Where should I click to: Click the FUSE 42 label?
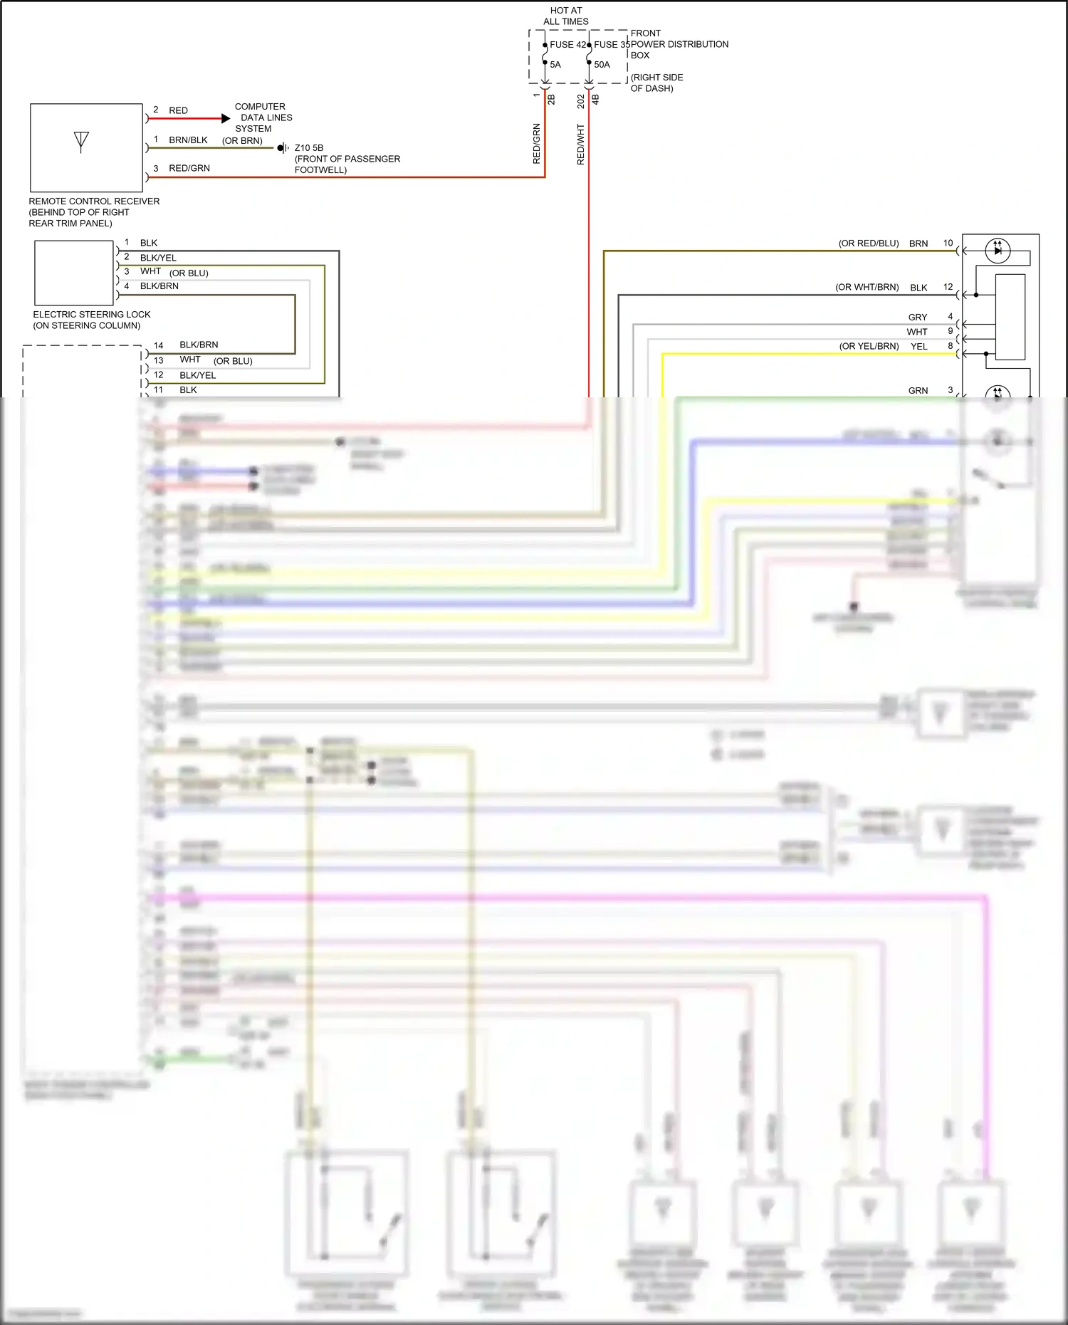click(x=567, y=44)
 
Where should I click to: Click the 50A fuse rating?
click(x=602, y=65)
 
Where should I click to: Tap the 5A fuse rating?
click(x=555, y=65)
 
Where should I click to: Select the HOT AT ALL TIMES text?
click(x=566, y=16)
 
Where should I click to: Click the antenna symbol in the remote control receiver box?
click(x=81, y=141)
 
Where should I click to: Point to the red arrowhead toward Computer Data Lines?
click(x=226, y=118)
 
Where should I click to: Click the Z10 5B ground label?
click(x=309, y=148)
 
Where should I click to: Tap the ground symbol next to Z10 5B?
click(x=283, y=148)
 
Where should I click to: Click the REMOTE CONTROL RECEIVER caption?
click(x=94, y=201)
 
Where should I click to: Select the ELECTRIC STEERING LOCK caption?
click(x=92, y=314)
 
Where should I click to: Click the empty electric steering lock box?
click(x=74, y=272)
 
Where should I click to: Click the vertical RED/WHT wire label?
click(x=580, y=145)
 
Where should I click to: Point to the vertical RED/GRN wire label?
click(x=537, y=144)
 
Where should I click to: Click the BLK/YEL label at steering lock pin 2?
click(x=158, y=258)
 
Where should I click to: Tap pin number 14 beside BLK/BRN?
click(x=158, y=345)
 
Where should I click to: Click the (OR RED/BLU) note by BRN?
click(x=869, y=243)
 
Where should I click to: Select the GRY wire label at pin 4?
click(x=918, y=318)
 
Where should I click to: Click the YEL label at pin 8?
click(x=919, y=347)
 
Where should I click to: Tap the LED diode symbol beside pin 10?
click(x=998, y=250)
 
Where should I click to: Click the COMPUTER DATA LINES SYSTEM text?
click(x=262, y=117)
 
